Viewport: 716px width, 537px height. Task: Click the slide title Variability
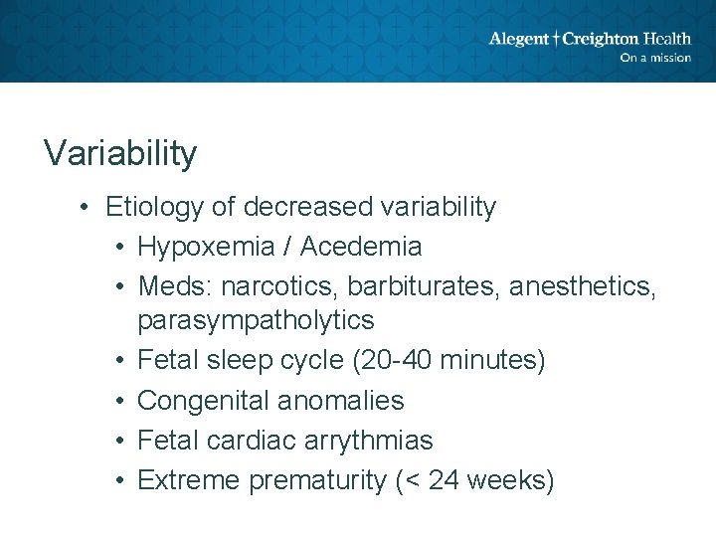pos(120,153)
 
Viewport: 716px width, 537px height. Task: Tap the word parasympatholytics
pos(256,320)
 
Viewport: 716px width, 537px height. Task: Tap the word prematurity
pos(317,480)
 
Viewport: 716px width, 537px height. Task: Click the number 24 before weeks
pos(432,480)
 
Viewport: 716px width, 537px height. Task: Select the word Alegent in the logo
pos(518,39)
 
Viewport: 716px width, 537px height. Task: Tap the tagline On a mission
pos(654,58)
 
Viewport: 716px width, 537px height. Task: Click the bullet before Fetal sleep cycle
pos(119,360)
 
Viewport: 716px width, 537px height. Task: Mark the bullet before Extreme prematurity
pos(119,480)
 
